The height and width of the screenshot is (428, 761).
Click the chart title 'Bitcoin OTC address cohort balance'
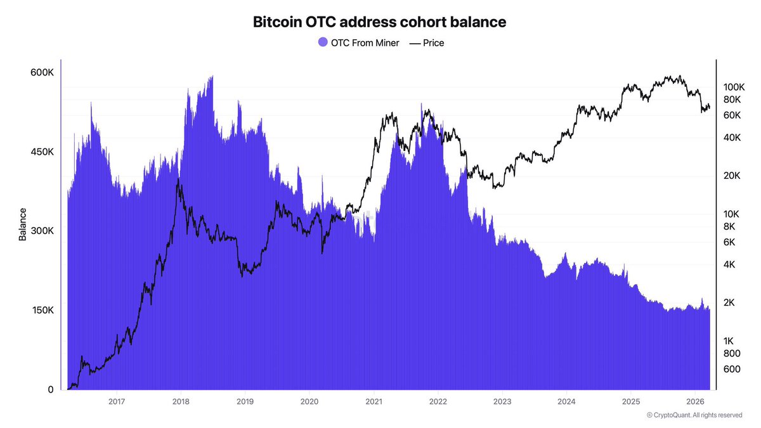(380, 22)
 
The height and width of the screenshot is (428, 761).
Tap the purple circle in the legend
(323, 43)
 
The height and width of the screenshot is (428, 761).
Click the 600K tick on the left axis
(42, 72)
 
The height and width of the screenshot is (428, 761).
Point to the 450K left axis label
(42, 152)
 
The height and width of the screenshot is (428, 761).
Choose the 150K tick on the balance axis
(42, 310)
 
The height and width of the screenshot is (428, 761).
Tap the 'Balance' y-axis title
(23, 224)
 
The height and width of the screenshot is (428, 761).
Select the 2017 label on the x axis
(116, 401)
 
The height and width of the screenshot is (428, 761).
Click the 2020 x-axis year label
(309, 401)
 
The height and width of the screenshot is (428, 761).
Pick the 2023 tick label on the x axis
(502, 401)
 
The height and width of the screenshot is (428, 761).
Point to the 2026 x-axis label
(696, 401)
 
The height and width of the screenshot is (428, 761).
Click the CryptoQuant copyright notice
(694, 415)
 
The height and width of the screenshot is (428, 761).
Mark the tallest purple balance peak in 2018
(211, 77)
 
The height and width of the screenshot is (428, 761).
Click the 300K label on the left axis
(42, 231)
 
